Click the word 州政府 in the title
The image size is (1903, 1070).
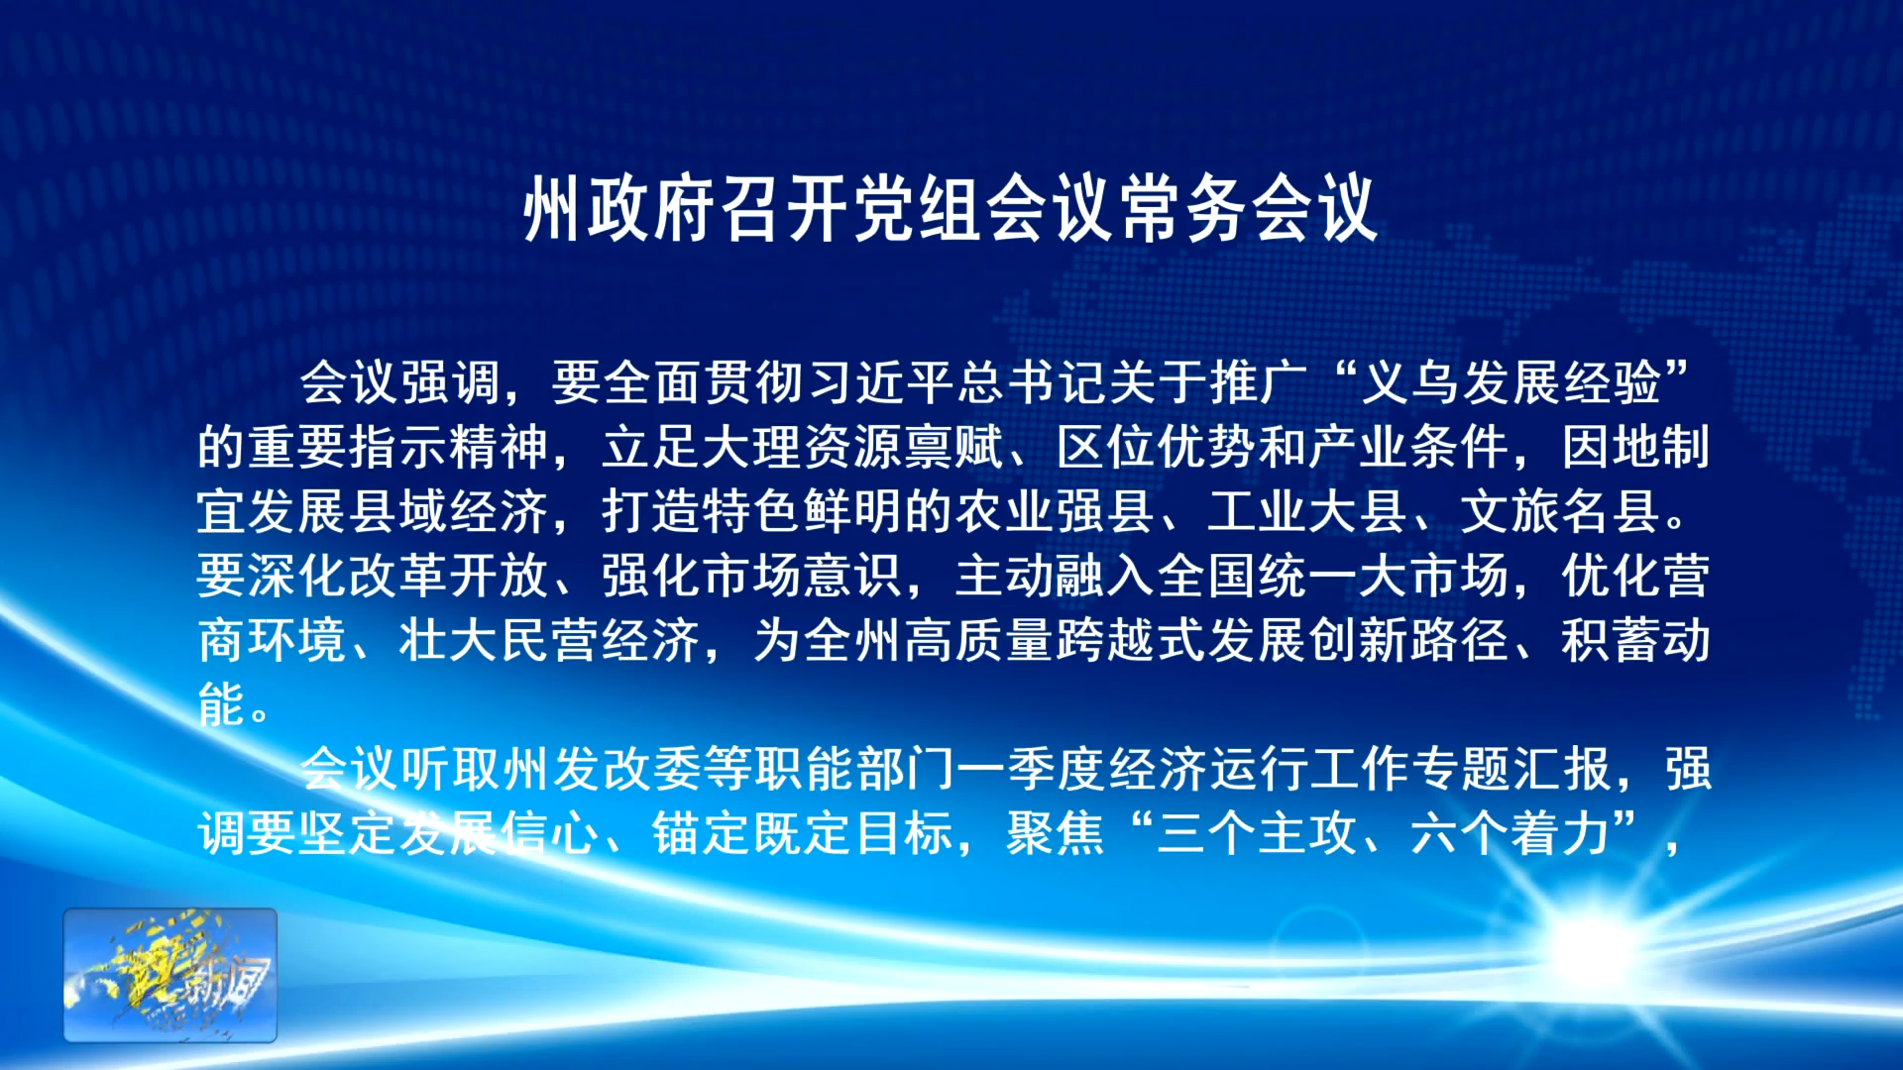[x=620, y=209]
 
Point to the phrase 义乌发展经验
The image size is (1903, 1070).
[x=1511, y=382]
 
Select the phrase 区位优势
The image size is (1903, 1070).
[x=1157, y=447]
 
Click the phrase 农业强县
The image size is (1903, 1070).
[x=1056, y=511]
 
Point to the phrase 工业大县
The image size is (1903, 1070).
[x=1308, y=511]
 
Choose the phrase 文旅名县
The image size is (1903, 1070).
[x=1561, y=511]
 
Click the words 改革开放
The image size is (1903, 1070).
[x=449, y=576]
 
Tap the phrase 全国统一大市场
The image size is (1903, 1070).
[x=1333, y=576]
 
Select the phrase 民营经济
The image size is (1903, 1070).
[x=601, y=640]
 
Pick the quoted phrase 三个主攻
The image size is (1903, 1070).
[x=1257, y=833]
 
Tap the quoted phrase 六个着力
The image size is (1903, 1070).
[x=1510, y=833]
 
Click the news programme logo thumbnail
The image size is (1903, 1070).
[x=170, y=975]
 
